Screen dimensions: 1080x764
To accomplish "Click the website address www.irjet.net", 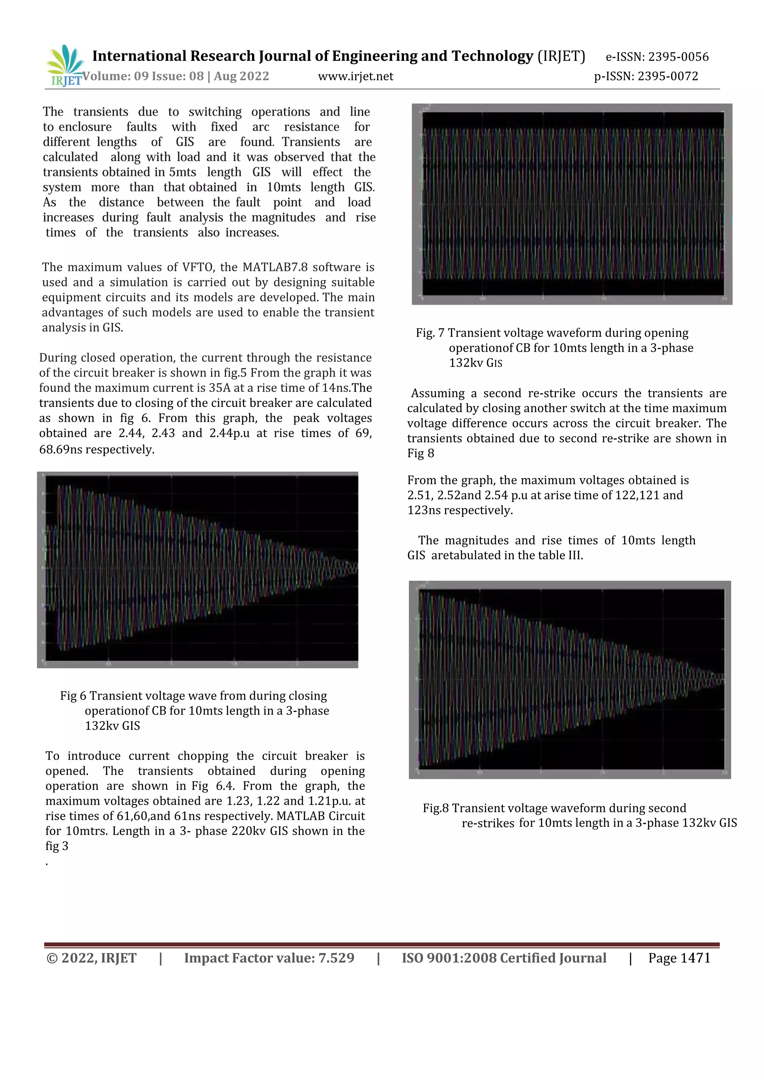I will [355, 76].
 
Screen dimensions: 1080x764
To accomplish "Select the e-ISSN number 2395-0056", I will [678, 57].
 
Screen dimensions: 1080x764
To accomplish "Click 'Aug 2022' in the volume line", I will [241, 76].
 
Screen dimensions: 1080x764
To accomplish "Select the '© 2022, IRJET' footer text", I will [91, 958].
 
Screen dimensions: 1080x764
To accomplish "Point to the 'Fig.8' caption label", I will [436, 808].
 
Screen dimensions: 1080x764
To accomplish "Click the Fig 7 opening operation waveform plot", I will [572, 204].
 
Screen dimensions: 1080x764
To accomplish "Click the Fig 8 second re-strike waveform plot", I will [570, 680].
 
